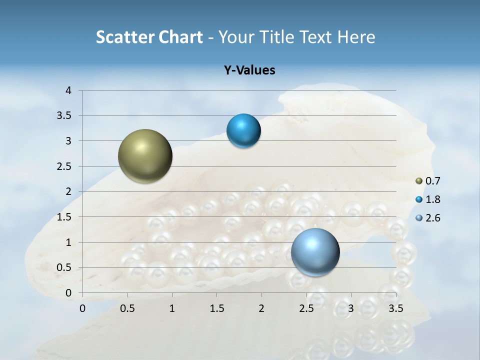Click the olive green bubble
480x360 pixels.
click(x=145, y=156)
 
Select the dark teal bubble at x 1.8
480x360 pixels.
click(x=243, y=131)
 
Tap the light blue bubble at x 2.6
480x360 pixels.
click(x=315, y=252)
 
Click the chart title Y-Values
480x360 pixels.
click(x=249, y=70)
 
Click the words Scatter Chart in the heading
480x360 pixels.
click(x=149, y=37)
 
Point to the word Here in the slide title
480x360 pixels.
click(x=356, y=37)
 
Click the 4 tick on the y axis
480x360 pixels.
click(x=68, y=90)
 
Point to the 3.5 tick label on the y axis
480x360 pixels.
click(x=65, y=116)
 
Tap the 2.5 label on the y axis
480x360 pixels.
click(x=65, y=166)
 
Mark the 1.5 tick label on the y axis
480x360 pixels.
click(x=65, y=217)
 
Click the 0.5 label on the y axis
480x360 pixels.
click(x=65, y=268)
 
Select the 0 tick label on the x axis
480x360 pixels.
click(x=83, y=308)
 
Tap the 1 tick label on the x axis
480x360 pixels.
click(x=172, y=308)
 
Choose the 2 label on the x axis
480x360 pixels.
click(x=261, y=308)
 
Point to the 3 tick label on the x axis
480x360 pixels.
click(x=351, y=308)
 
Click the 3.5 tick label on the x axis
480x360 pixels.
click(x=395, y=308)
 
